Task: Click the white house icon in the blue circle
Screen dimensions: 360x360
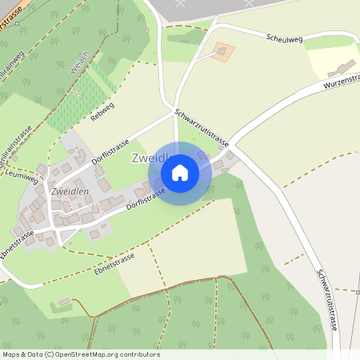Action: [x=179, y=172]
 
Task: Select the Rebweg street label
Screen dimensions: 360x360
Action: [x=103, y=113]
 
